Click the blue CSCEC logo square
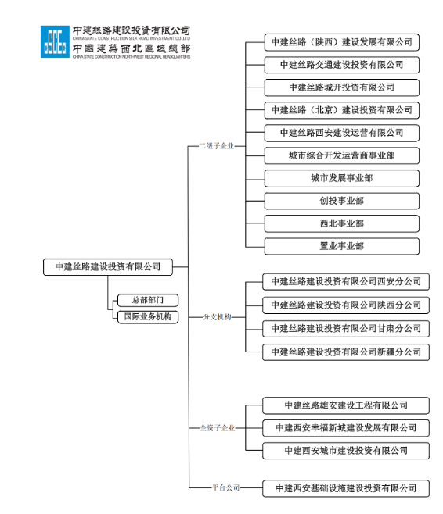tap(54, 42)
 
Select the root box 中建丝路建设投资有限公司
tap(108, 267)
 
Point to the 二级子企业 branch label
tap(217, 145)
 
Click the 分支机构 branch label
tap(217, 317)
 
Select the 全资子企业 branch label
tap(217, 428)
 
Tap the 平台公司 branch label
tap(225, 487)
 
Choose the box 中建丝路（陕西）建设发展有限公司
tap(341, 42)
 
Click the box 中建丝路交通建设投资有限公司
tap(341, 65)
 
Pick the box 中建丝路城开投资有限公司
tap(341, 87)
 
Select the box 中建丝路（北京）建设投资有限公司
tap(341, 110)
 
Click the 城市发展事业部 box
tap(341, 178)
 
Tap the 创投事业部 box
tap(341, 201)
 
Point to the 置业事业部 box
tap(341, 246)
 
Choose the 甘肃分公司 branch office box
tap(346, 329)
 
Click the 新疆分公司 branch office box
tap(346, 352)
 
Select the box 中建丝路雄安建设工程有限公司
tap(346, 405)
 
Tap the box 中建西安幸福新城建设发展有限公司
tap(346, 428)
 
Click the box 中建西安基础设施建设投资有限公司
tap(346, 488)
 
